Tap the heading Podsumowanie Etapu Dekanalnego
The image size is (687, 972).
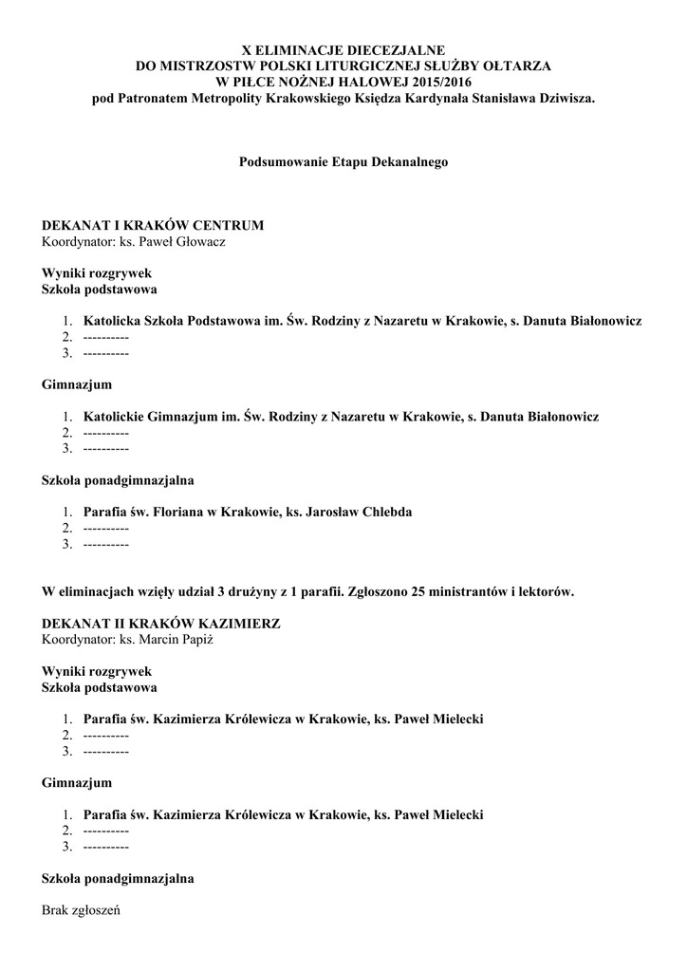343,162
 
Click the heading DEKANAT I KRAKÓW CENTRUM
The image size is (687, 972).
153,225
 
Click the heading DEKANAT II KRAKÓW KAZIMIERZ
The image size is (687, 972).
161,624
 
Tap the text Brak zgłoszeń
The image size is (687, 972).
82,910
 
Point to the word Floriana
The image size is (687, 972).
183,512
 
